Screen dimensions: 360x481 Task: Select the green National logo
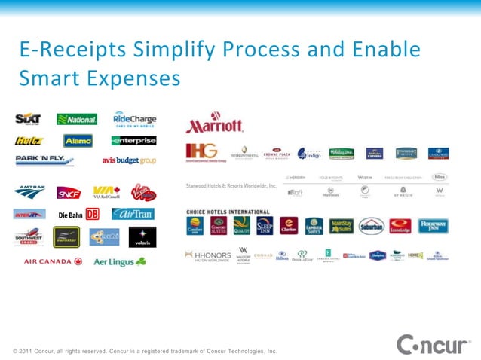point(77,119)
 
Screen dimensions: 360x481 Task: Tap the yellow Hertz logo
point(29,141)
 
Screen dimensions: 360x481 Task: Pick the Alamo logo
point(78,141)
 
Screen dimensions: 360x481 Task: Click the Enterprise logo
point(133,141)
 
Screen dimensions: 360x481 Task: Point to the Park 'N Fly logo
point(45,160)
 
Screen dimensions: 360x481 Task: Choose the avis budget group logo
point(129,160)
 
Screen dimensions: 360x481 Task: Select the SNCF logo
point(69,193)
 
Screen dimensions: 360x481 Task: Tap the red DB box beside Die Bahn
point(93,214)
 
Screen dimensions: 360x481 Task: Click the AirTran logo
point(133,214)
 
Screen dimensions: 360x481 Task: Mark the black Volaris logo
point(142,236)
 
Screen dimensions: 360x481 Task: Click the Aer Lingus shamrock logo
point(120,261)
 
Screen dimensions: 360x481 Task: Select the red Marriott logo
point(215,125)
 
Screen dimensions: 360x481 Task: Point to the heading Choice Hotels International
point(228,212)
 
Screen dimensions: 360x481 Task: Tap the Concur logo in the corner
point(433,345)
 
